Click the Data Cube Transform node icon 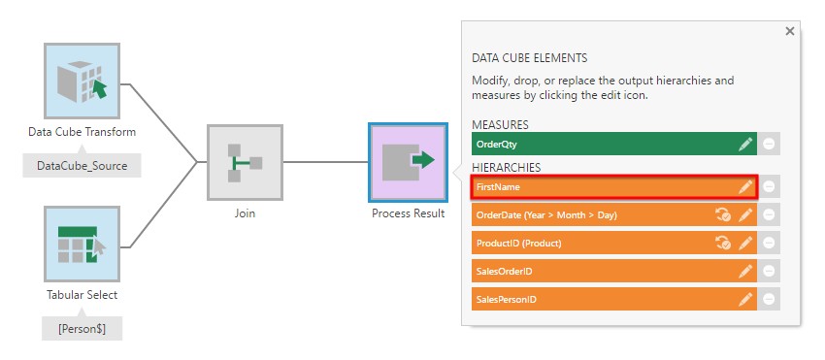(82, 81)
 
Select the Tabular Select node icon (82, 244)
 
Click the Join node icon (245, 162)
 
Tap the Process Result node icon (409, 162)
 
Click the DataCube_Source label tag (82, 166)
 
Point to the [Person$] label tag (82, 329)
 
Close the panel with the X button (790, 32)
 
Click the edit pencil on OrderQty (745, 145)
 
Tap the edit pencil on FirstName (745, 187)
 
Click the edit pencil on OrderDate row (745, 214)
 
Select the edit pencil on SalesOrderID (745, 271)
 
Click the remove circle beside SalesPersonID (769, 300)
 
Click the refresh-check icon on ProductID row (723, 244)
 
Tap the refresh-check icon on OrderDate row (723, 214)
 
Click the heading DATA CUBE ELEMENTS (529, 58)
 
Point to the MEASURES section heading (500, 125)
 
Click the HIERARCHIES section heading (506, 167)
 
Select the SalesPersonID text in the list (506, 300)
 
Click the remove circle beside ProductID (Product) (769, 244)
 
